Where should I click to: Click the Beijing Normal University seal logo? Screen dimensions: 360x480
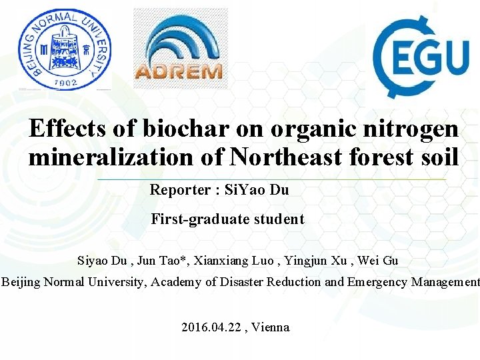pyautogui.click(x=64, y=48)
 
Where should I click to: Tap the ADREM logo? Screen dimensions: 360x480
pyautogui.click(x=179, y=49)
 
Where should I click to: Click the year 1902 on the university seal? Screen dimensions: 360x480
pyautogui.click(x=64, y=82)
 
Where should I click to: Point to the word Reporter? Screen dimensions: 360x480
pyautogui.click(x=178, y=190)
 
